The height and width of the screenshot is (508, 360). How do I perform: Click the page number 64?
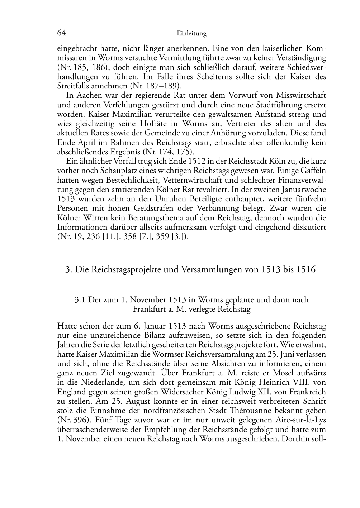click(61, 33)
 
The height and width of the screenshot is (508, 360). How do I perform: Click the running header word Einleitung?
click(192, 34)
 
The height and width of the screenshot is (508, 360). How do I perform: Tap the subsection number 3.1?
click(80, 299)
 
